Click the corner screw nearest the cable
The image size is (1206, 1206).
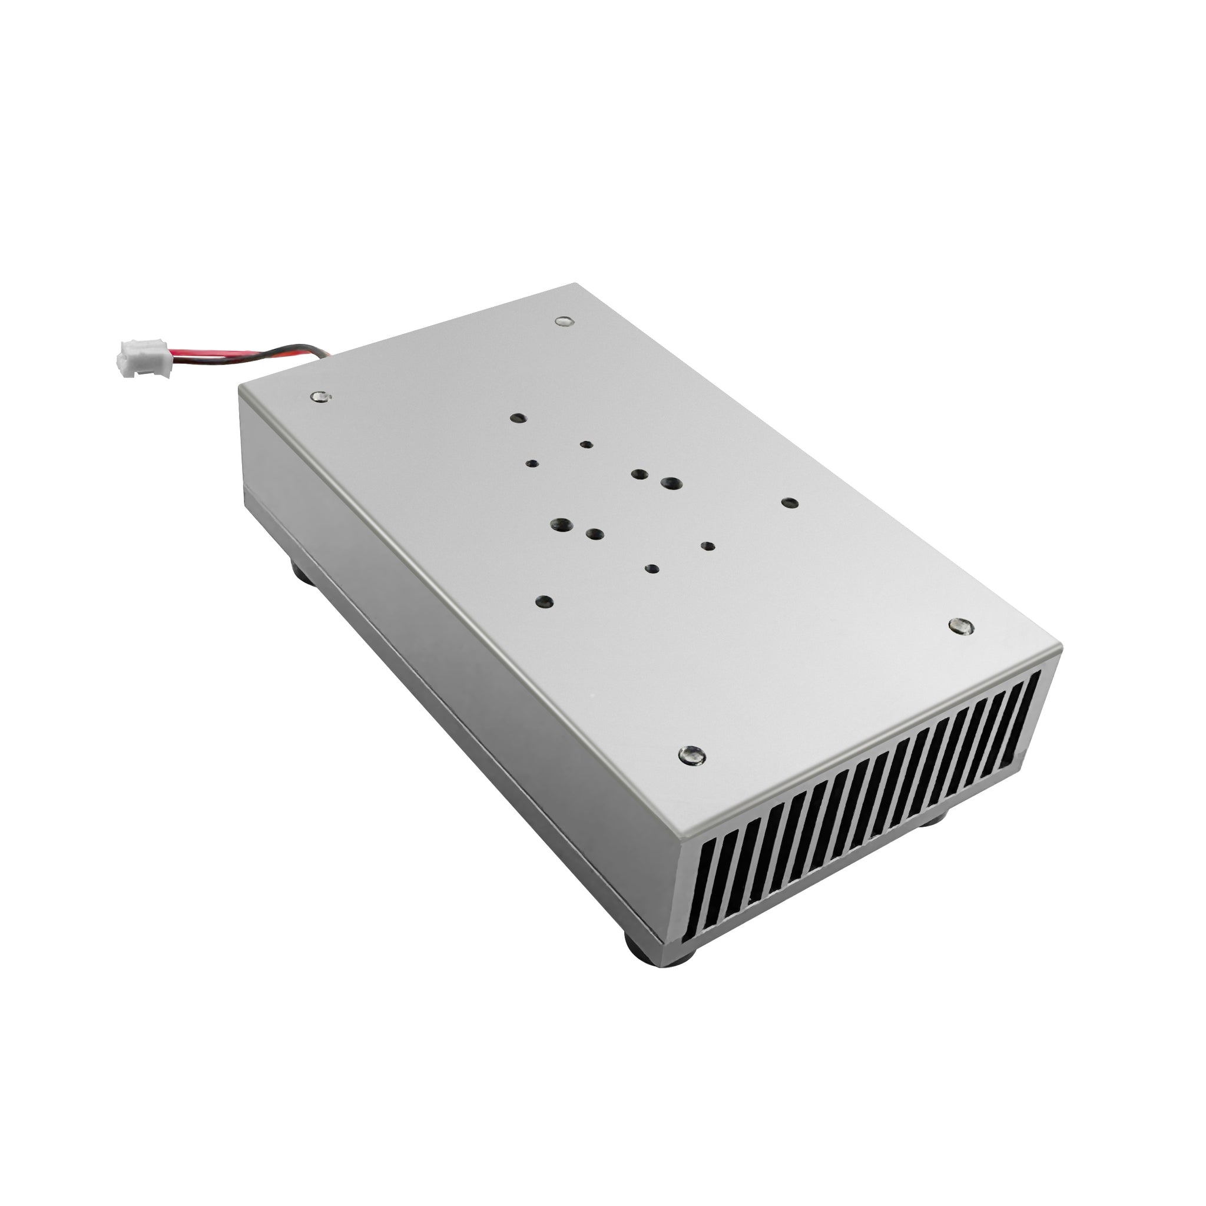pyautogui.click(x=321, y=396)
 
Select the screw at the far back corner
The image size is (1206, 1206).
pyautogui.click(x=564, y=322)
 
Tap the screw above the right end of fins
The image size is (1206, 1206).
pyautogui.click(x=960, y=625)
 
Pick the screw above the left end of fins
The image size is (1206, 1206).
pyautogui.click(x=692, y=756)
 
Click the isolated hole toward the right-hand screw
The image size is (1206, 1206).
pyautogui.click(x=790, y=503)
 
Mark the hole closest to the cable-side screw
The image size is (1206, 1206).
pyautogui.click(x=518, y=418)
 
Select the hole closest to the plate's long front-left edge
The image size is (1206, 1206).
pyautogui.click(x=544, y=602)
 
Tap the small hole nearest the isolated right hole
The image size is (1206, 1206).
pyautogui.click(x=708, y=546)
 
